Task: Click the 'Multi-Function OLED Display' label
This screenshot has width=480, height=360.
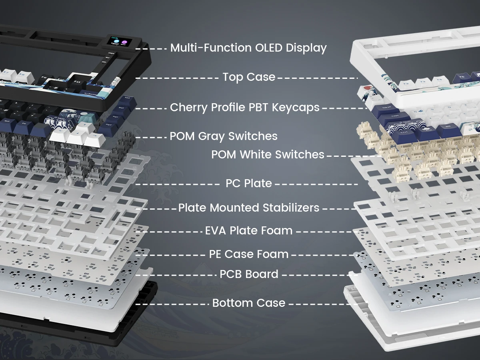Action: [x=248, y=48]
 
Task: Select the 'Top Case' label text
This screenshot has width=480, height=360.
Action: [x=249, y=77]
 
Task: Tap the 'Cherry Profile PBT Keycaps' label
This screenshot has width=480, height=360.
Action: [x=245, y=107]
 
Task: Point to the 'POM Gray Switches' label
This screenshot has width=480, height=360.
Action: [x=224, y=136]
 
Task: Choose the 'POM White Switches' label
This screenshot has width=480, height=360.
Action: [x=268, y=154]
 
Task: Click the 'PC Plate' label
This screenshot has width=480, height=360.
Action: [x=249, y=183]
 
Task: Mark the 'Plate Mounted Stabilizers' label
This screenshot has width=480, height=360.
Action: [x=249, y=208]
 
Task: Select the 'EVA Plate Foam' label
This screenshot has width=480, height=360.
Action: [x=249, y=231]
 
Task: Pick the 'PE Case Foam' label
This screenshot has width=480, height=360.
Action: [x=249, y=254]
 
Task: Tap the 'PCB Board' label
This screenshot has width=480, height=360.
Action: [x=249, y=274]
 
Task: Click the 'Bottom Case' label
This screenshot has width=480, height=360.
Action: [x=249, y=303]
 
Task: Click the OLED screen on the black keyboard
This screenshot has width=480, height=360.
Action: [x=120, y=41]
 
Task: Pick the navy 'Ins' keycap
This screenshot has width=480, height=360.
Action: [x=127, y=99]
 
